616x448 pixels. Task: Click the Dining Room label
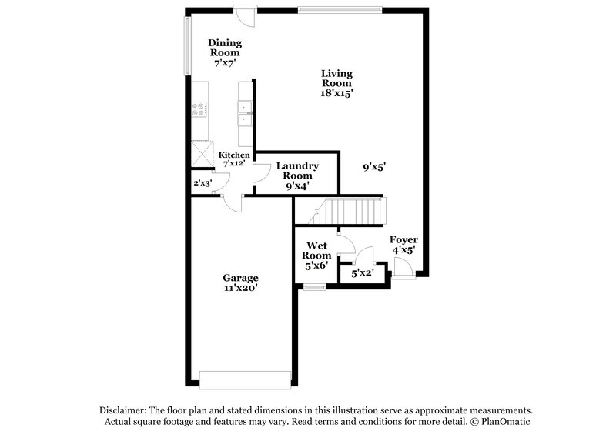click(226, 48)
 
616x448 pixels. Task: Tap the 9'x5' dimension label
click(374, 165)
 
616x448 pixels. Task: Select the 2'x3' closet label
click(202, 183)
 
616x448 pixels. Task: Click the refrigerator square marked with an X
click(202, 152)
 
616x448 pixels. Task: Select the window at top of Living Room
click(340, 9)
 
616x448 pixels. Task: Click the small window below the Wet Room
click(313, 287)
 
